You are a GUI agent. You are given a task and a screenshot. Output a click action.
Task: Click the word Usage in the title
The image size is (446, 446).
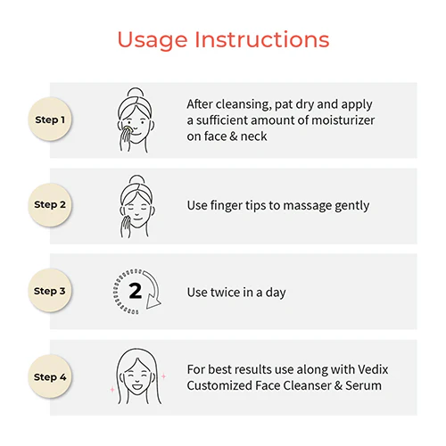(x=153, y=40)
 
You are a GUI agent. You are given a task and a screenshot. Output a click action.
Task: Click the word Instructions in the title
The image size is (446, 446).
(x=262, y=39)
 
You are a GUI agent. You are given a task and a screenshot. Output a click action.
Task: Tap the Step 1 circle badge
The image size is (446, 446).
(x=50, y=120)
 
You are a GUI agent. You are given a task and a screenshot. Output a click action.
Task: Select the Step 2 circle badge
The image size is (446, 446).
(x=50, y=205)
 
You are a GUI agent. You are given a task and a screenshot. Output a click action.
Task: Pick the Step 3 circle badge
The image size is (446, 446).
(x=50, y=291)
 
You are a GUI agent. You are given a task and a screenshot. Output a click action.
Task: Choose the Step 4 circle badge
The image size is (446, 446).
(x=50, y=376)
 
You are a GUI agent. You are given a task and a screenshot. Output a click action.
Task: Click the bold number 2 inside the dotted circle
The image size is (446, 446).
(x=136, y=291)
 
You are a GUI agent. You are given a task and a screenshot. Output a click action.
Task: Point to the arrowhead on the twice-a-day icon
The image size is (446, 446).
(x=153, y=301)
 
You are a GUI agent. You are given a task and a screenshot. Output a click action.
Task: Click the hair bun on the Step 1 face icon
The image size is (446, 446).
(x=136, y=93)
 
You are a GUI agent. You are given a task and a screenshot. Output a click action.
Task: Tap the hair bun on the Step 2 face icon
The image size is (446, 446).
(x=136, y=180)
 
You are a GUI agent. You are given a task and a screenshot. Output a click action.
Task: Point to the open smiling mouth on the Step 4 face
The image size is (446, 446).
(x=136, y=387)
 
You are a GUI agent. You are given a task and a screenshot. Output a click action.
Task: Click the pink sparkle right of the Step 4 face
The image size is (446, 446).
(x=163, y=376)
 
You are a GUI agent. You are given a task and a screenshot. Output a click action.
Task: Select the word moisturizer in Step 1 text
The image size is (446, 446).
(x=343, y=120)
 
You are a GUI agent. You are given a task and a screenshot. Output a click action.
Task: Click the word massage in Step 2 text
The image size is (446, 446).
(x=307, y=206)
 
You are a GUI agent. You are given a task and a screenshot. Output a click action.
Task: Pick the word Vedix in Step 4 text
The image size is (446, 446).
(x=373, y=369)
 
